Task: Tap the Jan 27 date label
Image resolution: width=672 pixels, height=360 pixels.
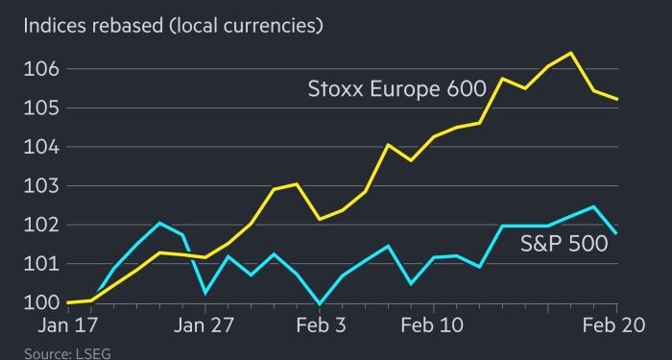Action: click(x=204, y=326)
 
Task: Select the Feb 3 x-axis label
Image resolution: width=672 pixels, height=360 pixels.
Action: click(x=319, y=326)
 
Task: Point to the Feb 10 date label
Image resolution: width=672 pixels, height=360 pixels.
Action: click(x=432, y=326)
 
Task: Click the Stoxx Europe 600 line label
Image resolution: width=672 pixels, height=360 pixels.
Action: click(x=396, y=91)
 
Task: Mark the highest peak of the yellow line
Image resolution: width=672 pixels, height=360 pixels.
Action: click(x=572, y=53)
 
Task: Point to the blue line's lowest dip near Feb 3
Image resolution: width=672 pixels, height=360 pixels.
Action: click(x=319, y=303)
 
